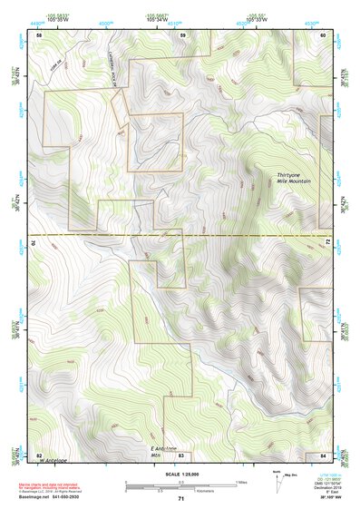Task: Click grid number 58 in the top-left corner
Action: coord(39,34)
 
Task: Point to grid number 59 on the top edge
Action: coord(182,34)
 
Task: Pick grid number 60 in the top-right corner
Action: coord(324,34)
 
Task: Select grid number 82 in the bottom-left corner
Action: coord(39,455)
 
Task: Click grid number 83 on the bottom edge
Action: coord(180,455)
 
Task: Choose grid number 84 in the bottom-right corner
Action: coord(323,455)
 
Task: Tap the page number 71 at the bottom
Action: coord(180,498)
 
